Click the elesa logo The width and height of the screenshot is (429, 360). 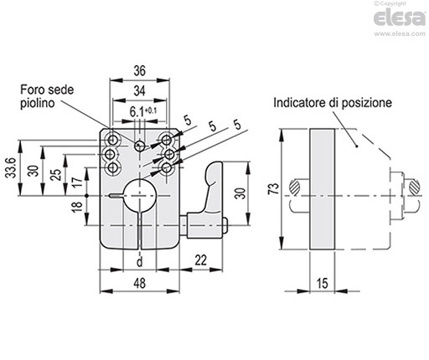tap(400, 18)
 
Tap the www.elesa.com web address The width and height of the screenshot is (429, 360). tap(400, 33)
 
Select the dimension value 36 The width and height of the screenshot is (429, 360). tap(140, 71)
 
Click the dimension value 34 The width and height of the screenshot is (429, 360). tap(140, 91)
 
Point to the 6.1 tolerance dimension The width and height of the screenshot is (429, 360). tap(143, 112)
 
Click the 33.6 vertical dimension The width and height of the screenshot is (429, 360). tap(12, 167)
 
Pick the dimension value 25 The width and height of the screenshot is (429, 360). tap(57, 175)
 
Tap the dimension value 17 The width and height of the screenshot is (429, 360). tap(78, 182)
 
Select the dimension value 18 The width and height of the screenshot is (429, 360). tap(78, 207)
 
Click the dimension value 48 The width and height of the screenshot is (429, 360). tap(140, 283)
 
